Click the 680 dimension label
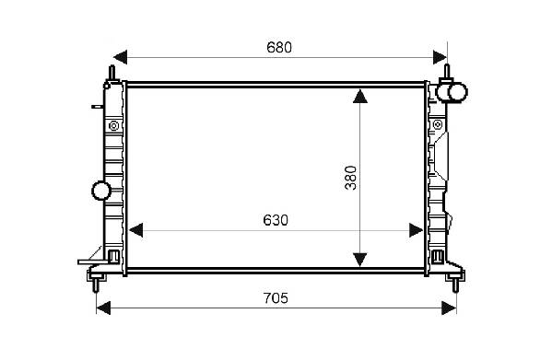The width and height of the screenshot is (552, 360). coord(279,48)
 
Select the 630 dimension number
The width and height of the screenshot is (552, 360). coord(276,220)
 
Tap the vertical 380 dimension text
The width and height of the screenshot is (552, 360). coord(350,178)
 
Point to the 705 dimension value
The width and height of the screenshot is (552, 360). coord(276,298)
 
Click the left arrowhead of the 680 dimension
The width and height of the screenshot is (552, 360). coord(121,57)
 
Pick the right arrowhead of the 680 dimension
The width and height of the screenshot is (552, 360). coord(440,57)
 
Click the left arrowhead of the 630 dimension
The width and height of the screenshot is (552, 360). coord(135,230)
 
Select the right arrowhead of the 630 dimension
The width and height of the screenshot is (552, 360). coord(416,230)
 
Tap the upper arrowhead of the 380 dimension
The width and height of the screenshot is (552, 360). coord(360,97)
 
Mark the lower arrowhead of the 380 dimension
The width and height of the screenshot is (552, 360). coord(360,260)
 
